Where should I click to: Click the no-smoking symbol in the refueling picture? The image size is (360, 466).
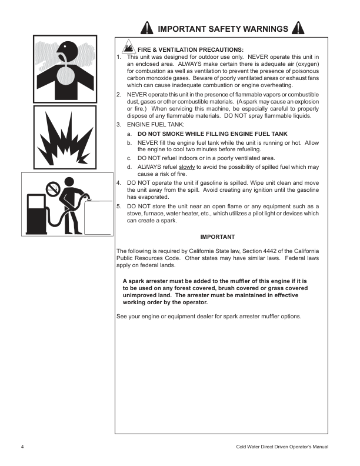pyautogui.click(x=54, y=189)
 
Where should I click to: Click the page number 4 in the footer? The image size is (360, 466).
pyautogui.click(x=22, y=448)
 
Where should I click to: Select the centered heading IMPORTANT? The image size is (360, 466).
pyautogui.click(x=218, y=237)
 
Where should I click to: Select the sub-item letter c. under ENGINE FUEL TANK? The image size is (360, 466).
pyautogui.click(x=129, y=158)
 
